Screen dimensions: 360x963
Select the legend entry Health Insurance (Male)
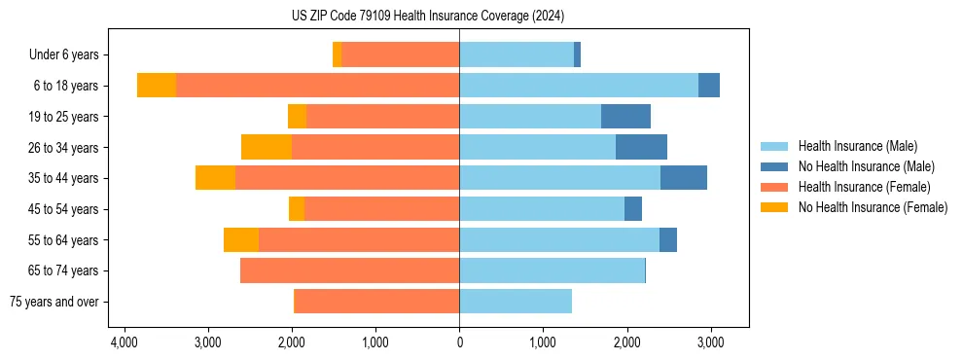[857, 147]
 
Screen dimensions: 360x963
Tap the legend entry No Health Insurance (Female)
[873, 207]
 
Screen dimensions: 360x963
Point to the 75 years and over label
[53, 302]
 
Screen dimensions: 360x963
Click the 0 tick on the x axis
[459, 343]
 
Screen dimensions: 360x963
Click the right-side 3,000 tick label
[710, 343]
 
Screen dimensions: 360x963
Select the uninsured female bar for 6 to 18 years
[156, 86]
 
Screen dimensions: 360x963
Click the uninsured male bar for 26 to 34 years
[641, 147]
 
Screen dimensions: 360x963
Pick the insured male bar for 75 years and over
[516, 302]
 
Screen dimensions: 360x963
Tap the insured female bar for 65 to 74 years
[349, 270]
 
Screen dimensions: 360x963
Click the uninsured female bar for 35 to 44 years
[215, 178]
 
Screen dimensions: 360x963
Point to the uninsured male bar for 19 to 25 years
[625, 117]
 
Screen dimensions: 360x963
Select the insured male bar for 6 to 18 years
[579, 86]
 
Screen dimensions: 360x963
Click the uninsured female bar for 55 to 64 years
[241, 239]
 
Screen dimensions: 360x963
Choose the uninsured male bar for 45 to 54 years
[633, 209]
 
